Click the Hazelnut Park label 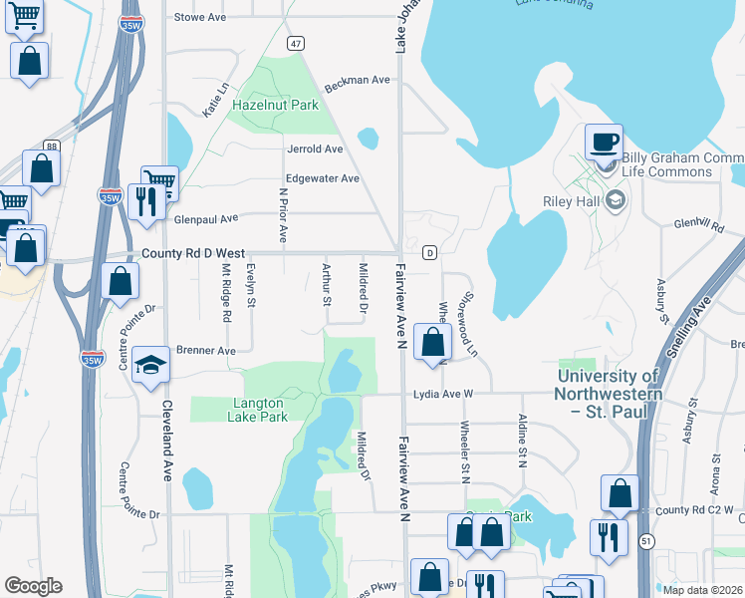tap(275, 105)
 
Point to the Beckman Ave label tap(357, 80)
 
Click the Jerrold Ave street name tap(315, 149)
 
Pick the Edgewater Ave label tap(322, 178)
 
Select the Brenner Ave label tap(205, 351)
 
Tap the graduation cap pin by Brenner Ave tap(150, 366)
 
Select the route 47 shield tap(296, 44)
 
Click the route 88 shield tap(51, 146)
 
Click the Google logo tap(33, 586)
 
